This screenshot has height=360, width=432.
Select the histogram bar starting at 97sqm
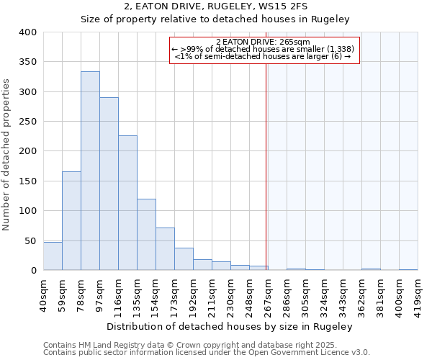coord(109,184)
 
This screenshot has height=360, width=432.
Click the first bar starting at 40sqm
coord(53,256)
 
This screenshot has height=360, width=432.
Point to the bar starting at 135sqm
coord(146,235)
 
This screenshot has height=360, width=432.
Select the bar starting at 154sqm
coord(165,249)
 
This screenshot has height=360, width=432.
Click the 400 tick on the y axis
coord(27,32)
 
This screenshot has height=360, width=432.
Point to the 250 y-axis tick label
coord(27,122)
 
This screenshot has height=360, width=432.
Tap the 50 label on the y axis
coord(30,240)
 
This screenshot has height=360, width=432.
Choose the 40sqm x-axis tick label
coord(43,294)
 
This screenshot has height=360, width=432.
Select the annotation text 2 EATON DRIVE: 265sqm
coord(263,42)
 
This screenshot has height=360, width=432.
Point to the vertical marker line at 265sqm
coord(266,166)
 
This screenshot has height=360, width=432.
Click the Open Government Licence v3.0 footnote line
coord(207,353)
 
